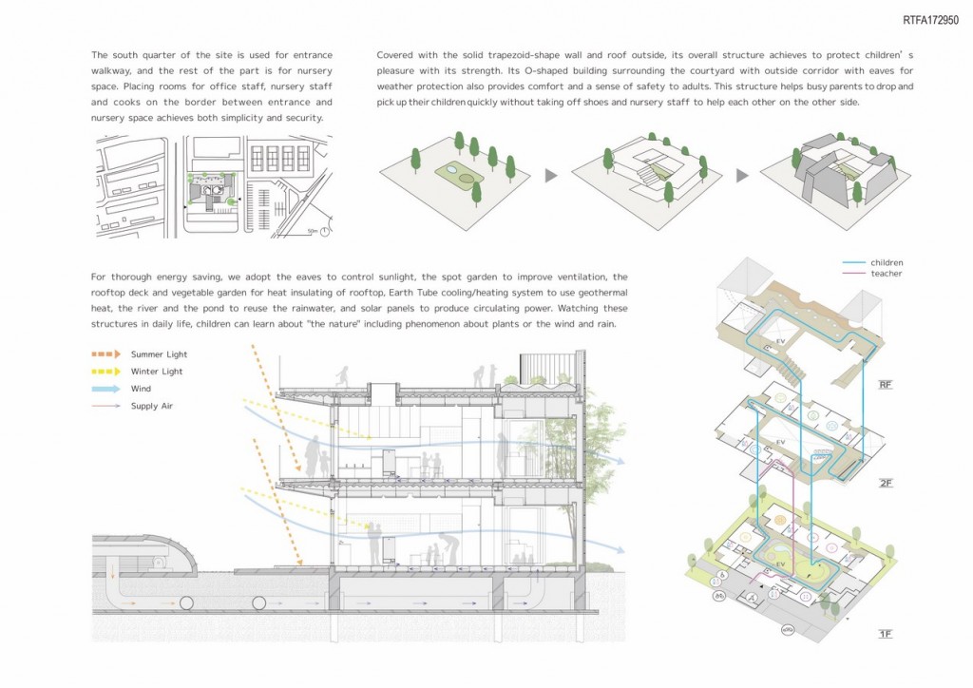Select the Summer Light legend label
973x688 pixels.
click(158, 354)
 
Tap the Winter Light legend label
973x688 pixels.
click(156, 372)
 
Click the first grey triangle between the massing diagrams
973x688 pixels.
click(550, 176)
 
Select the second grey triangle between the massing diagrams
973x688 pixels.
click(741, 176)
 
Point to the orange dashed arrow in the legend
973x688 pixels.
click(105, 354)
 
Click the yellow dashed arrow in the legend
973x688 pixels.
click(105, 372)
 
